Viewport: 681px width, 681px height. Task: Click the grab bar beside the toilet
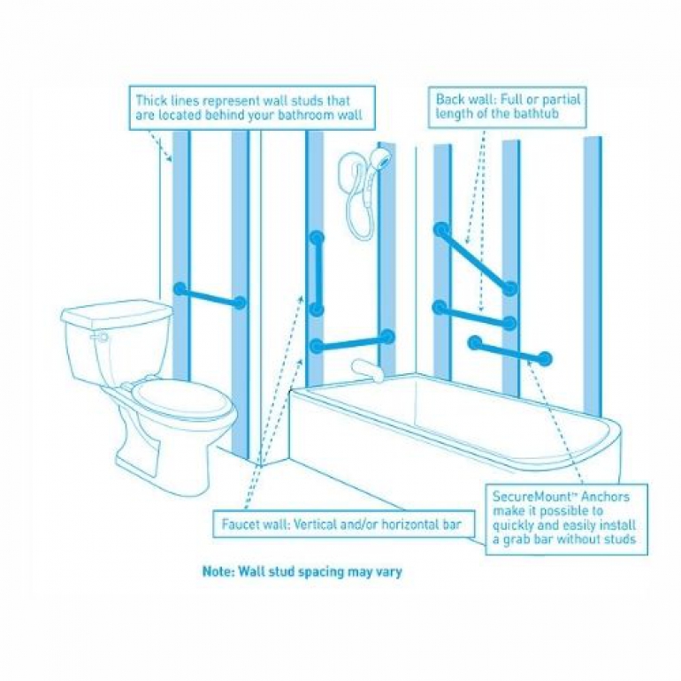pyautogui.click(x=209, y=295)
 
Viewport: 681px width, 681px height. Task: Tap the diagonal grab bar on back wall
pyautogui.click(x=474, y=258)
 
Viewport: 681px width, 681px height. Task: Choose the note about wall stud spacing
pyautogui.click(x=302, y=571)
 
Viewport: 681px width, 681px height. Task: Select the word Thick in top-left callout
pyautogui.click(x=151, y=100)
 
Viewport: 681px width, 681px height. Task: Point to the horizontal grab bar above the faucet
pyautogui.click(x=351, y=340)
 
